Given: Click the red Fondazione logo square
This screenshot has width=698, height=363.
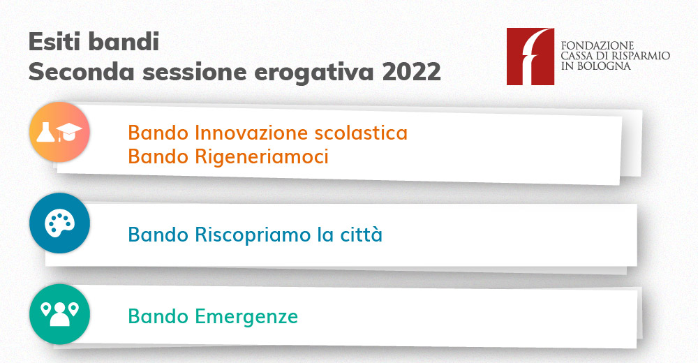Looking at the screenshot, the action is pos(530,57).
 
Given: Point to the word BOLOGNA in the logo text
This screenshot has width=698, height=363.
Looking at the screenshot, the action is pos(604,66).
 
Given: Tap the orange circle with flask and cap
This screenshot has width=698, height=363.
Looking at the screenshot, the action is pos(59,132).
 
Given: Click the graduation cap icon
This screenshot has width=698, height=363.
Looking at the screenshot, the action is pos(68,132).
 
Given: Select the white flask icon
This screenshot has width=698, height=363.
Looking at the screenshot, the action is pos(45,132).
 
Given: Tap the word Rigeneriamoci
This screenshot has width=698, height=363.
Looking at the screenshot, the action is pos(262,157).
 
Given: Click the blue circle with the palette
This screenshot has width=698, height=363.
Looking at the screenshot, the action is pos(59,223).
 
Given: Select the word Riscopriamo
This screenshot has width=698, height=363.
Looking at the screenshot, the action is pos(253,235).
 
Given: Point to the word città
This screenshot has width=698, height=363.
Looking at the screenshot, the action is pos(362,235).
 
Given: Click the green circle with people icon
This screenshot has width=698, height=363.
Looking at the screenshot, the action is pos(59,314).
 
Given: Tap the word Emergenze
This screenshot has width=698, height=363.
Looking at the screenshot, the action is pos(246,317).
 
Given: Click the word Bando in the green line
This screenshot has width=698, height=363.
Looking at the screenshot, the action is pos(158,316).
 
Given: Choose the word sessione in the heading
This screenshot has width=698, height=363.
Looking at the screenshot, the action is pos(195,72).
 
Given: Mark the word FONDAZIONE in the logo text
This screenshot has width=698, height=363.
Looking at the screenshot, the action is pos(597,45).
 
